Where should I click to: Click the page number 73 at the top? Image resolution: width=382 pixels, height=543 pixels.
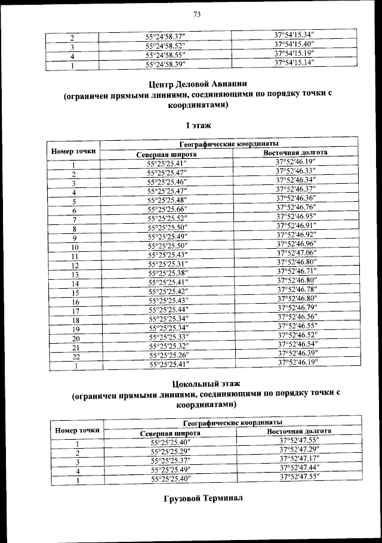[196, 14]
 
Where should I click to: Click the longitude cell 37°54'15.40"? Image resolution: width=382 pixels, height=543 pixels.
[294, 44]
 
